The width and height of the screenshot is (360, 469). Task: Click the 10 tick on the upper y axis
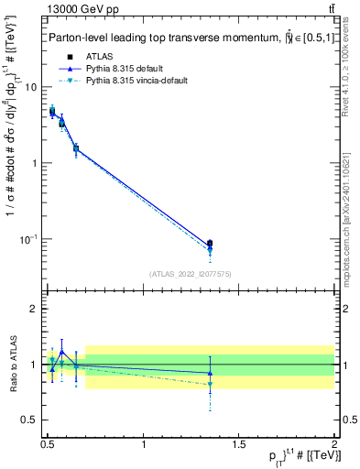(x=32, y=87)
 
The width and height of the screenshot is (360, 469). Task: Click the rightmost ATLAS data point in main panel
(x=211, y=244)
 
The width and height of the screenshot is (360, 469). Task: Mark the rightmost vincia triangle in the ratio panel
(x=211, y=385)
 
